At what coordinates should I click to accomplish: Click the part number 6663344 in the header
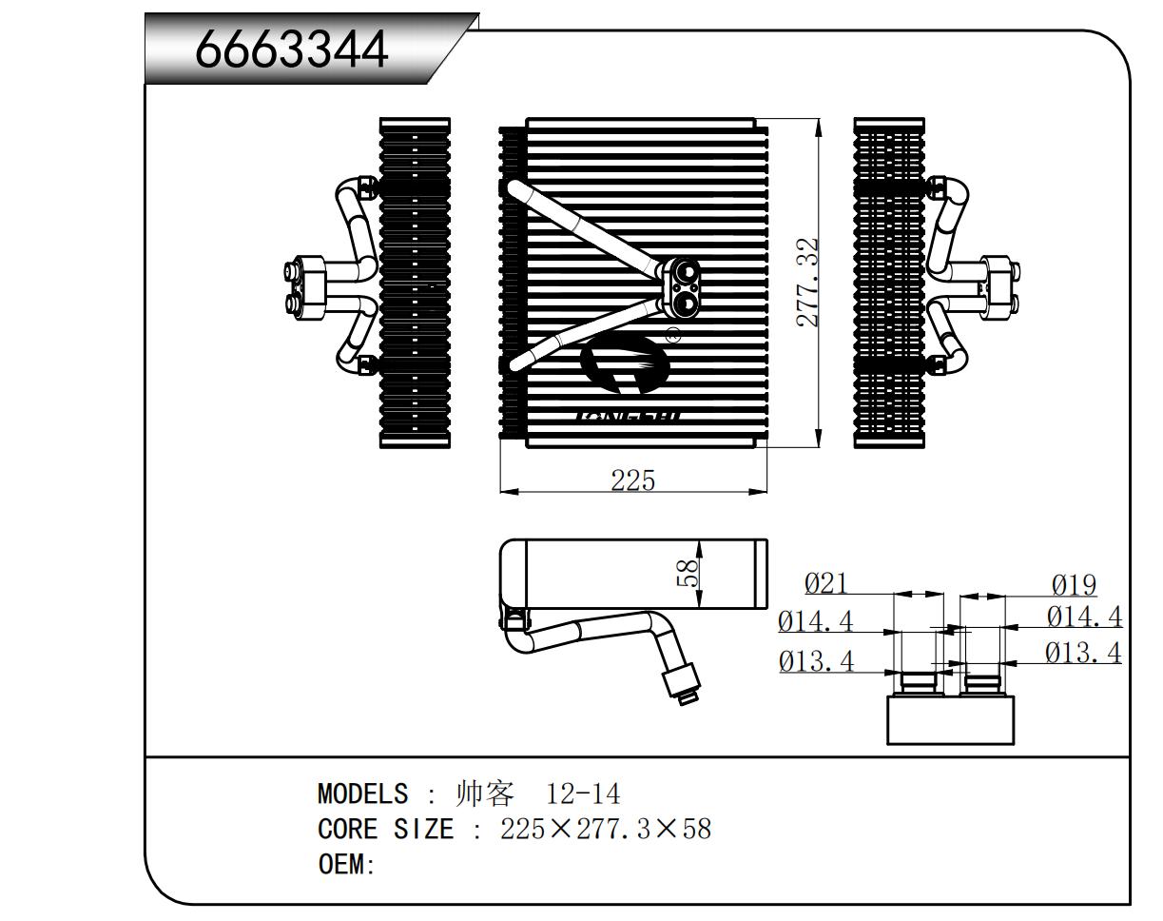coord(292,49)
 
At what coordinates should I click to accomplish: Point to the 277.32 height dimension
coord(808,283)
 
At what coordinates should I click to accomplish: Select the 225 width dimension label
coord(632,480)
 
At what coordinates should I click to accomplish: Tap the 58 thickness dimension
coord(688,572)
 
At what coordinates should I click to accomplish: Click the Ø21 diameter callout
coord(825,583)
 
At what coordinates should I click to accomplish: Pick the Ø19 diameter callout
coord(1074,585)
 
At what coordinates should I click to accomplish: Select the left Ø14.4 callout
coord(816,621)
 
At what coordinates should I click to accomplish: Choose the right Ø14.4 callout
coord(1084,617)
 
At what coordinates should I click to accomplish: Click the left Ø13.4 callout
coord(816,659)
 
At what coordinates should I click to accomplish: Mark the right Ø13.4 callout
coord(1083,653)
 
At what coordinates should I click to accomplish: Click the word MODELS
coord(362,794)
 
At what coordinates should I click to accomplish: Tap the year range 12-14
coord(583,794)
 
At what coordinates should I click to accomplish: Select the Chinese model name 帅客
coord(486,794)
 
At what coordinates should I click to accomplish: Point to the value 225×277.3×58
coord(606,829)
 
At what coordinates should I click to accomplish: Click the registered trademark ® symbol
coord(673,335)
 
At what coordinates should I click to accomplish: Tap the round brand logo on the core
coord(623,366)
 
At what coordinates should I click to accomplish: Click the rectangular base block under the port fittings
coord(951,718)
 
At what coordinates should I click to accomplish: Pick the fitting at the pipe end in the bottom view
coord(682,683)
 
